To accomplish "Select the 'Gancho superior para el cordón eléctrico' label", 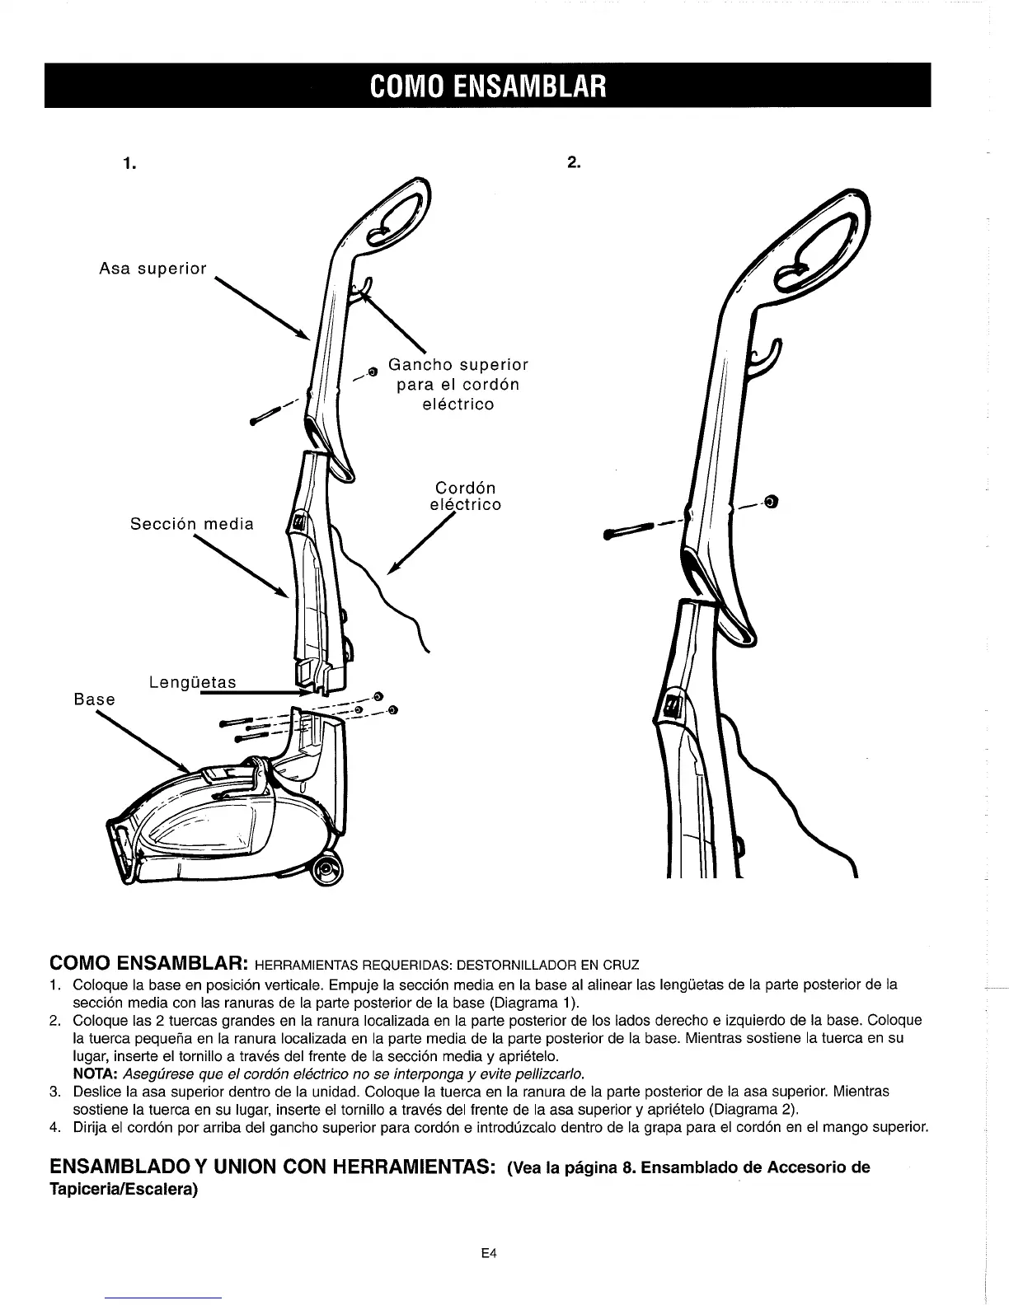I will pos(458,384).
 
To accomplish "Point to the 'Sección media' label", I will pos(192,524).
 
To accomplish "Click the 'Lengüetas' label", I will pos(193,682).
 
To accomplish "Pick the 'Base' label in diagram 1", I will pos(94,699).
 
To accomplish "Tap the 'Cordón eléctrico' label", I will pos(465,496).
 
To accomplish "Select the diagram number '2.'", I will pos(575,163).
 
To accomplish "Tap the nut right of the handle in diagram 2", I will pos(772,501).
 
